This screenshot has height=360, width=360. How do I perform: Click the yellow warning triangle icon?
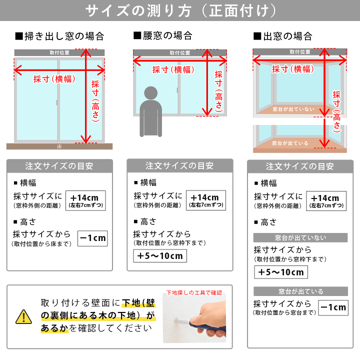pyautogui.click(x=23, y=317)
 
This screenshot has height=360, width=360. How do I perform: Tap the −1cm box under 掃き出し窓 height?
pyautogui.click(x=92, y=238)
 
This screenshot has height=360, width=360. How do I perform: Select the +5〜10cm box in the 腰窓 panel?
pyautogui.click(x=160, y=256)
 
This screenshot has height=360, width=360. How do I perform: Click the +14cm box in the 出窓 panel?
pyautogui.click(x=326, y=201)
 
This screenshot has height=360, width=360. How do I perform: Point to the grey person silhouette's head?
pyautogui.click(x=151, y=93)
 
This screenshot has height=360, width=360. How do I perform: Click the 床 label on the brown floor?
pyautogui.click(x=59, y=146)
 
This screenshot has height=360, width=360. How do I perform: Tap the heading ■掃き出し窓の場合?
pyautogui.click(x=59, y=36)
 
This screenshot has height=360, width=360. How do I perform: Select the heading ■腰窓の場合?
pyautogui.click(x=163, y=35)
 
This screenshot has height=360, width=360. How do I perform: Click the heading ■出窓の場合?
pyautogui.click(x=283, y=36)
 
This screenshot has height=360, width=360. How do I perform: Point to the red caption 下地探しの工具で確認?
pyautogui.click(x=194, y=292)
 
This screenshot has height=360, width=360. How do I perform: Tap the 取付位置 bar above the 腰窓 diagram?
pyautogui.click(x=180, y=53)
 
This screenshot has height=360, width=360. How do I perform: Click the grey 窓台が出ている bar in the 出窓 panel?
pyautogui.click(x=301, y=291)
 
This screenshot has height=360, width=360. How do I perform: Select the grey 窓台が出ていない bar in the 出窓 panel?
pyautogui.click(x=300, y=237)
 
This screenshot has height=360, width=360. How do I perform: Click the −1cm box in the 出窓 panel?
pyautogui.click(x=333, y=307)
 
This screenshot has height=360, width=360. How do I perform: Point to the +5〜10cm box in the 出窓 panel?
pyautogui.click(x=281, y=272)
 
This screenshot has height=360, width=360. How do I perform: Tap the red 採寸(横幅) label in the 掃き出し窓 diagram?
pyautogui.click(x=54, y=79)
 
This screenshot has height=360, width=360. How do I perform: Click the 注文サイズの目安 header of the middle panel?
pyautogui.click(x=180, y=166)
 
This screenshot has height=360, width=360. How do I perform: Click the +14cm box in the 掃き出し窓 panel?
pyautogui.click(x=85, y=200)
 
